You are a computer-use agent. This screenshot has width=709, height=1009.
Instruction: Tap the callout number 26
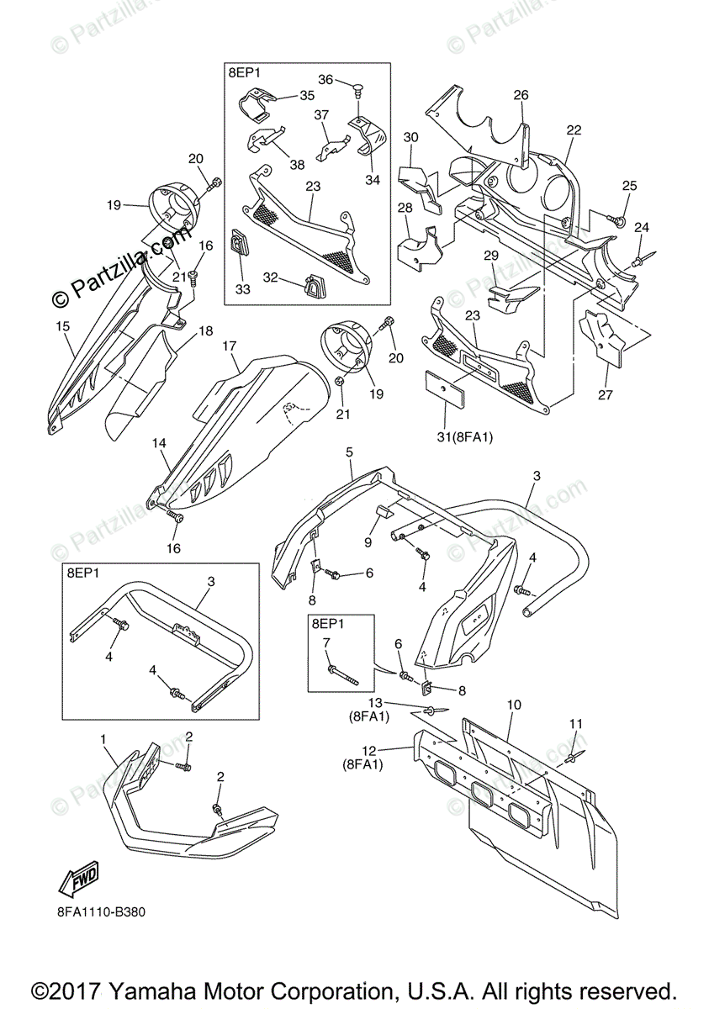point(521,95)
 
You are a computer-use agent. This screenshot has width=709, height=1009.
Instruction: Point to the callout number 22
point(574,130)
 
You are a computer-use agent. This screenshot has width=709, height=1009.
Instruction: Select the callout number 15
point(61,325)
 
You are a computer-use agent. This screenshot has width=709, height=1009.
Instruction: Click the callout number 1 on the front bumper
point(103,739)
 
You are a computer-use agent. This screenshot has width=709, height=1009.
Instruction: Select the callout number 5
point(348,452)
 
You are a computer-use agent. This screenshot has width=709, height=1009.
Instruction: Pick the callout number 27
point(606,394)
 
